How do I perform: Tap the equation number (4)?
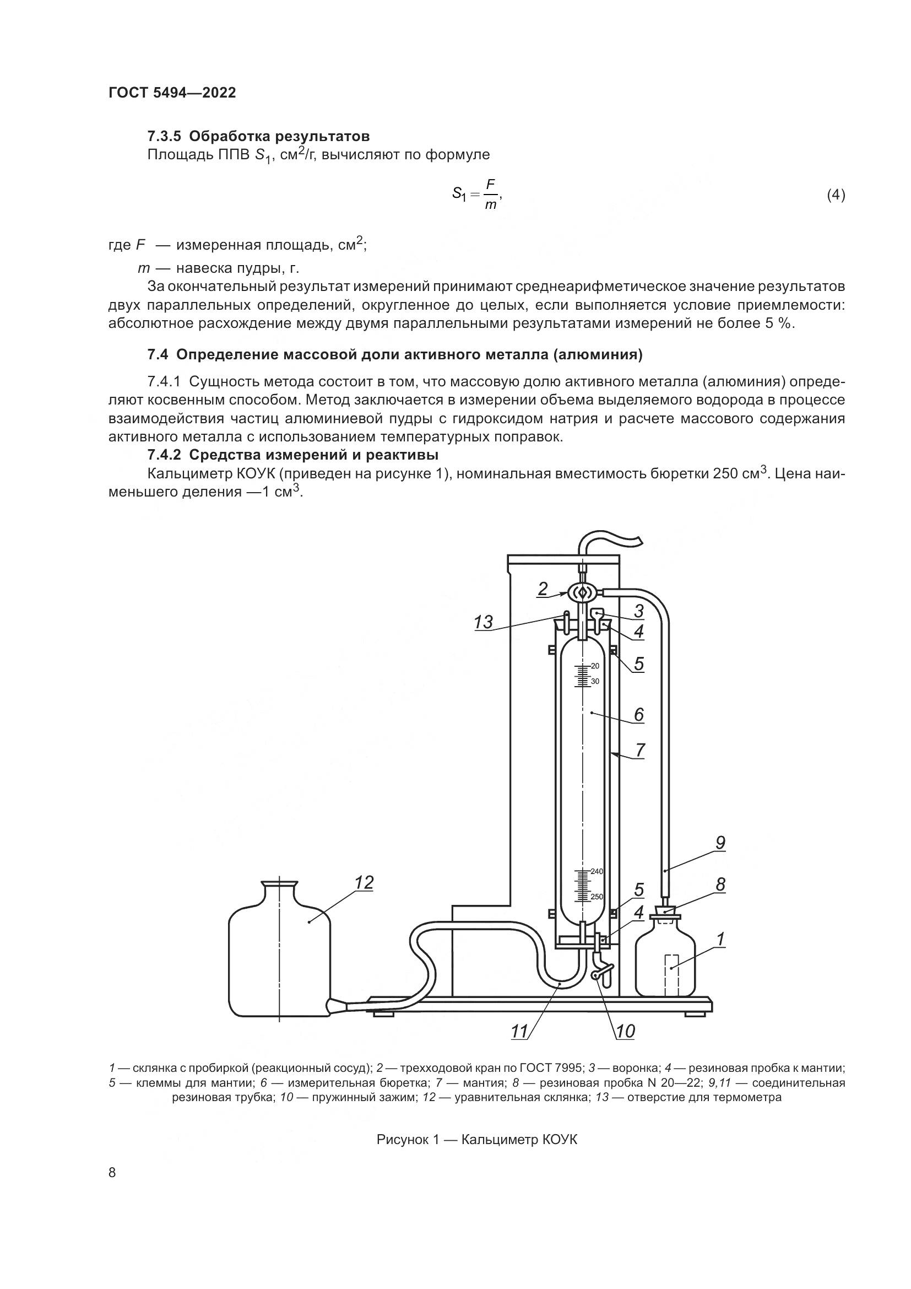click(836, 196)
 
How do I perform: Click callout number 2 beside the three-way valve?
click(543, 589)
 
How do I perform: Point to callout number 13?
click(483, 622)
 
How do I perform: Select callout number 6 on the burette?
click(638, 715)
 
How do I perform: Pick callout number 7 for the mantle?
click(639, 750)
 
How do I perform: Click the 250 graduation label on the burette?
click(597, 897)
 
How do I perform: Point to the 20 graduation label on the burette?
click(595, 666)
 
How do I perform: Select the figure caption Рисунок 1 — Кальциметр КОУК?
click(477, 1140)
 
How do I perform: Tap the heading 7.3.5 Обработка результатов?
click(259, 137)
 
